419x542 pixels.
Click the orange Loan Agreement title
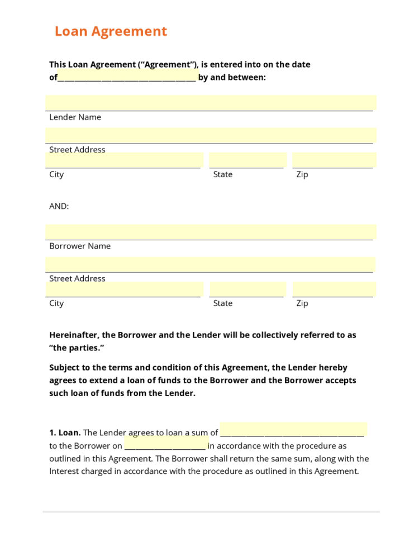[x=111, y=31]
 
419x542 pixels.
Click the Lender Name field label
[x=75, y=117]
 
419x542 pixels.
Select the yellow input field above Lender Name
[x=211, y=103]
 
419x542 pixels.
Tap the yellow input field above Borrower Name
[x=211, y=232]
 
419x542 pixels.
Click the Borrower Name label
[x=80, y=246]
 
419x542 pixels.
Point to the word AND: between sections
[x=59, y=206]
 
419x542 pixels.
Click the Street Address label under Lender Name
[x=77, y=150]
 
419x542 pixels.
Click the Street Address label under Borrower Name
[x=77, y=279]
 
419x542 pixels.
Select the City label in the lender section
[x=56, y=174]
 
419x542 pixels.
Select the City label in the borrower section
[x=56, y=303]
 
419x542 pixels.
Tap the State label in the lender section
[x=222, y=174]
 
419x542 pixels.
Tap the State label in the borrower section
[x=222, y=303]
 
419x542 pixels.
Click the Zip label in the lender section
[x=302, y=174]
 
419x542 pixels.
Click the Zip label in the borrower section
[x=302, y=303]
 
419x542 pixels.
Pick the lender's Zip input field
[x=333, y=160]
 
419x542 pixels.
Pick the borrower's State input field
[x=246, y=289]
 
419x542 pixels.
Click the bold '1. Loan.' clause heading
[x=65, y=432]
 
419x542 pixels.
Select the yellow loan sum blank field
[x=293, y=430]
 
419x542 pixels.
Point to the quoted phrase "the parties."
[x=77, y=348]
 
